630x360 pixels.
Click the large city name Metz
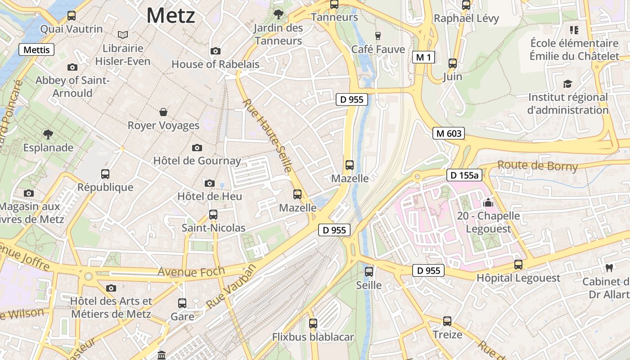[x=171, y=16]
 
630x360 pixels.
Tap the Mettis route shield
[x=36, y=49]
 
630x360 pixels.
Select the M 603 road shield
[x=449, y=133]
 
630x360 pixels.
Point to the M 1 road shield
[x=423, y=57]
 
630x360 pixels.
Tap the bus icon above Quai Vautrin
[x=71, y=16]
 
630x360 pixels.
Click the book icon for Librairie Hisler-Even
[x=122, y=35]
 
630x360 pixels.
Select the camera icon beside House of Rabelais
[x=216, y=51]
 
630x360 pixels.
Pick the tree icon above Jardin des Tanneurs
[x=279, y=14]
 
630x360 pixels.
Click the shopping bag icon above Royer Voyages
[x=163, y=112]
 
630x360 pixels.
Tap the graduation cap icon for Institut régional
[x=567, y=84]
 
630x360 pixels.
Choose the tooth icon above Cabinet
[x=609, y=268]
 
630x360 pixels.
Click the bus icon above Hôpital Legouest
[x=518, y=265]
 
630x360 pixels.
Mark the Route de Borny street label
[x=537, y=166]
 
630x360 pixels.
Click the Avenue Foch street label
[x=191, y=271]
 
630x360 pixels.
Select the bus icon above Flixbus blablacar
[x=313, y=324]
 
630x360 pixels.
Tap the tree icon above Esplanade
[x=48, y=134]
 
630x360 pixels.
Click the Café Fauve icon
[x=378, y=36]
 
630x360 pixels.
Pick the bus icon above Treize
[x=447, y=321]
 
